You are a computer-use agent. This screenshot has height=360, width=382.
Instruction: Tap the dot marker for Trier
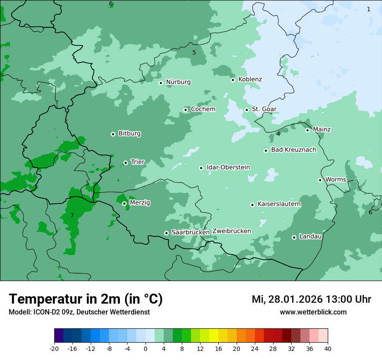tap(125, 163)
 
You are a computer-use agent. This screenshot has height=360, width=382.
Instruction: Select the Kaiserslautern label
tap(279, 204)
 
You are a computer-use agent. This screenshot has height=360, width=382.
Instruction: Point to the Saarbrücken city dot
tap(166, 233)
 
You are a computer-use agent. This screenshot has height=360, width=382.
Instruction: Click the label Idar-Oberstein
tap(228, 167)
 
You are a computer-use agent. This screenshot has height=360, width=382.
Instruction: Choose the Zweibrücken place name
tap(231, 231)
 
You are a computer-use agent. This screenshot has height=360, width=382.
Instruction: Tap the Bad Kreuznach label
tap(293, 150)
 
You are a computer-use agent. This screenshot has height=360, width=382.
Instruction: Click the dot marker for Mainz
tap(307, 130)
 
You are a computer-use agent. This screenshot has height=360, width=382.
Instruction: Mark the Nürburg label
tap(178, 82)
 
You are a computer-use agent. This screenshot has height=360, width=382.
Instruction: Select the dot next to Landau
tap(294, 237)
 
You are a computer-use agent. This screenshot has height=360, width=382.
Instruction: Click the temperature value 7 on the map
tap(72, 215)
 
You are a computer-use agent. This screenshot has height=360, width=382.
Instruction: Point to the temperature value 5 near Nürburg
tap(194, 52)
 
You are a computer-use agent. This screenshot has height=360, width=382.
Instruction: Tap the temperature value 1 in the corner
tap(369, 9)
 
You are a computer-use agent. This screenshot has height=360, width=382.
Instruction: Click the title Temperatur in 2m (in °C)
tap(86, 299)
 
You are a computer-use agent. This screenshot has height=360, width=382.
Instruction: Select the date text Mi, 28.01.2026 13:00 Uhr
tap(311, 299)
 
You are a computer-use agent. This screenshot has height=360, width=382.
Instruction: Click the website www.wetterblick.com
tap(313, 312)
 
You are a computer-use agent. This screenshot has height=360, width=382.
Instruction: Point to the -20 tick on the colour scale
tap(54, 348)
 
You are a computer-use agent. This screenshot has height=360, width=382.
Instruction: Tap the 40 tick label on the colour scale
tap(327, 348)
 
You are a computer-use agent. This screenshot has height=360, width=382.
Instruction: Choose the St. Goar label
tap(264, 109)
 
